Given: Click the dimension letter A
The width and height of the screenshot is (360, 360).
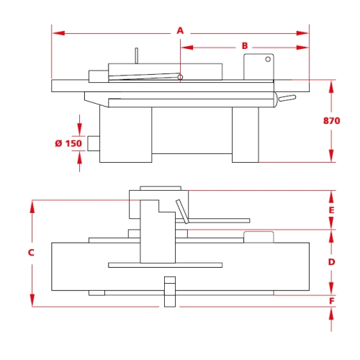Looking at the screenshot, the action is coord(180,31).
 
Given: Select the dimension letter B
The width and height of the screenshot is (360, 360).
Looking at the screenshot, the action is coord(245,45).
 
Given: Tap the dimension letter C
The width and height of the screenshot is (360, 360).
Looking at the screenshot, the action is coord(31,253).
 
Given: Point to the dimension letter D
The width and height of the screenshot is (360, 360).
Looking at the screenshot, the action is coord(331,262).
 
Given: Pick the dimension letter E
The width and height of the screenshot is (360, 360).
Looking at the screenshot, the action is coord(331,210).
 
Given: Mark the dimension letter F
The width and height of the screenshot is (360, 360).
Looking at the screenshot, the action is coord(332,301).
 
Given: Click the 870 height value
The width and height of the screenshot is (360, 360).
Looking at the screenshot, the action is coord(331,121).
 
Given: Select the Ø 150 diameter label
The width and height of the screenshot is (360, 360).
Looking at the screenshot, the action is coord(68,143).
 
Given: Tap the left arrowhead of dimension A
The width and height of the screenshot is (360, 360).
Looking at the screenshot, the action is coord(58,33).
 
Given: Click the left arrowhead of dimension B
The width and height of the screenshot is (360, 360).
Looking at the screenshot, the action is coord(187,48).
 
